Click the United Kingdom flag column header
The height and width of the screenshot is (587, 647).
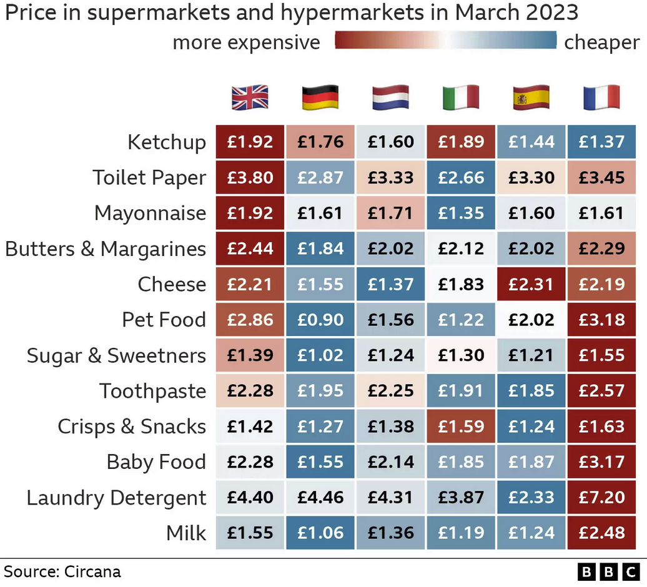tap(250, 98)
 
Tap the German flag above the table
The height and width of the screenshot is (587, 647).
tap(320, 98)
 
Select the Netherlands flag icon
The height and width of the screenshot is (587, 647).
tap(390, 98)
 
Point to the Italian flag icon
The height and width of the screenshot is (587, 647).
tap(461, 98)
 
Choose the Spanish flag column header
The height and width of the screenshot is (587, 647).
tap(531, 98)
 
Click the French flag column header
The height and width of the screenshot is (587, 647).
tap(601, 98)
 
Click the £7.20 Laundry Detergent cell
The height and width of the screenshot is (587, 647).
tap(601, 498)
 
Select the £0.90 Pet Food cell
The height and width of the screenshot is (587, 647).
tap(320, 320)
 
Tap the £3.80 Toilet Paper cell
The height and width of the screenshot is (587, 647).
tap(250, 177)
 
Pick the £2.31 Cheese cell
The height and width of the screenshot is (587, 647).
tap(531, 284)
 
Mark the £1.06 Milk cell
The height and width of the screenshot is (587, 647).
tap(320, 533)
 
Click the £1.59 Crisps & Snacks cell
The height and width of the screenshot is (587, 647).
tap(461, 427)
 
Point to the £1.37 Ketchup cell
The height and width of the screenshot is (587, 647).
tap(601, 142)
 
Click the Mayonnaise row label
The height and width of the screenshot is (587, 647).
tap(150, 213)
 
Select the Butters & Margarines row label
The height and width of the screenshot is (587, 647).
tap(106, 249)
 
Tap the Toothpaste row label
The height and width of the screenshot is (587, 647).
tap(152, 391)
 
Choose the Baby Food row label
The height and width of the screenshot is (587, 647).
tap(156, 462)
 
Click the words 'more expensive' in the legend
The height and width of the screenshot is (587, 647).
tap(246, 42)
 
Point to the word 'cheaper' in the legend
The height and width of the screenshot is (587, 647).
tap(601, 42)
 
